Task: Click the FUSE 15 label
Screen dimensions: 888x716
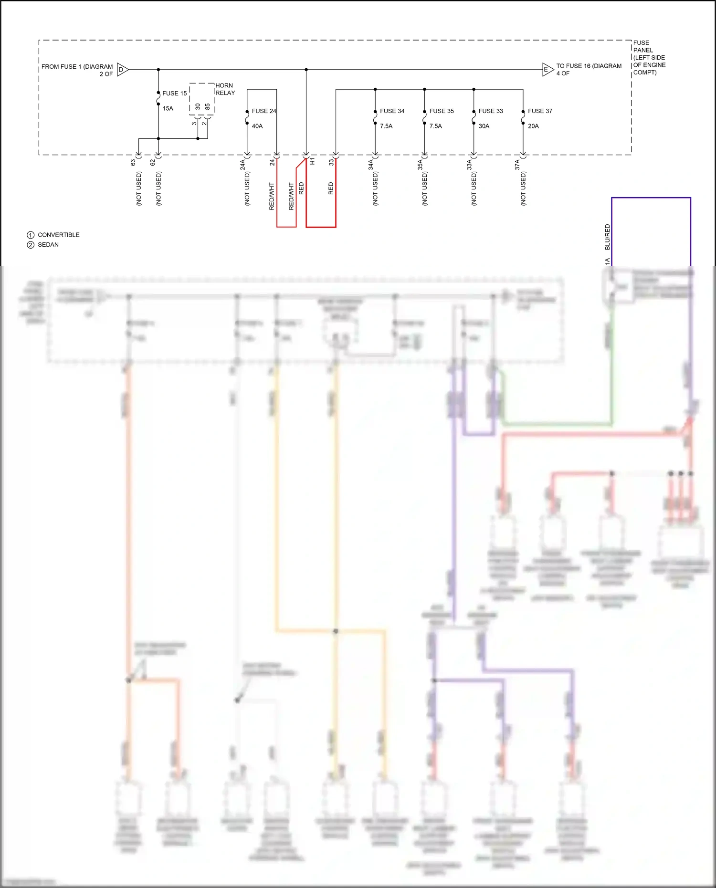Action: [x=174, y=94]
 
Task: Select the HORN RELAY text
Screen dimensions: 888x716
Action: [x=225, y=89]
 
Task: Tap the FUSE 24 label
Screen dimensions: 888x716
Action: [x=264, y=111]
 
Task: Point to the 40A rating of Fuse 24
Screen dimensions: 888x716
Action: [x=257, y=126]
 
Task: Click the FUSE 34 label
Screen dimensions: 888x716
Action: [x=392, y=111]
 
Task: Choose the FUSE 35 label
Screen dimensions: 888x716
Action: [x=442, y=111]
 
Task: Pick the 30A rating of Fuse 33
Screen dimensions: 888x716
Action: [x=484, y=126]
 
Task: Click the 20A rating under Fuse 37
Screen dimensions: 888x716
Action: [x=533, y=126]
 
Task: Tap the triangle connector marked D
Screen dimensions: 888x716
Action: [x=122, y=70]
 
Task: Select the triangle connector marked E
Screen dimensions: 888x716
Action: [x=547, y=70]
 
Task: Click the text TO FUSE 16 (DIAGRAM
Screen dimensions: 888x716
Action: [x=589, y=66]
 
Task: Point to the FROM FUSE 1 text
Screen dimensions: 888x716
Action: [x=77, y=67]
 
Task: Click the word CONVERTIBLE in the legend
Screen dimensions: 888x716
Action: [x=59, y=235]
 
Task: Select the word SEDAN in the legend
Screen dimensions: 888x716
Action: [x=48, y=245]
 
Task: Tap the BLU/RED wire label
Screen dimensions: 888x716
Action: [x=607, y=237]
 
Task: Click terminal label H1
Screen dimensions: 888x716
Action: [x=312, y=162]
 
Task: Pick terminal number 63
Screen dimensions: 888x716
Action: [x=133, y=162]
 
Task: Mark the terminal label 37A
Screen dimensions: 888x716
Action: [x=517, y=165]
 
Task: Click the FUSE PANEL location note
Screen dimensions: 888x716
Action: [x=649, y=57]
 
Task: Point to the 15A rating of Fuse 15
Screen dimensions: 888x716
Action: [x=168, y=109]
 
